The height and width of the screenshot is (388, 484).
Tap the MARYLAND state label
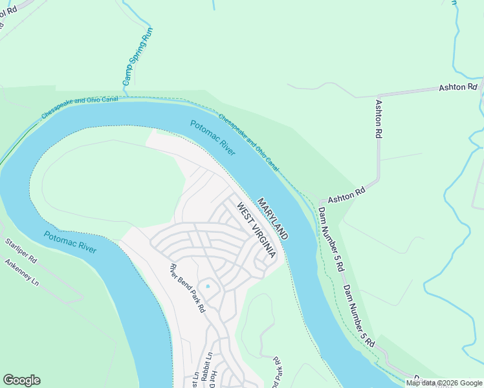pos(272,219)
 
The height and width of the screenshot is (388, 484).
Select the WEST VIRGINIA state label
pos(256,230)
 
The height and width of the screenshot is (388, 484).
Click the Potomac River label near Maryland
pos(212,137)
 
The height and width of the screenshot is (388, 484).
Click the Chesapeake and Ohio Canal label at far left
pos(79,107)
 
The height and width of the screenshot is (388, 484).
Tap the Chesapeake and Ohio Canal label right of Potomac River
pos(248,142)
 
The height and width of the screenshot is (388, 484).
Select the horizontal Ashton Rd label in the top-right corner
pos(457,87)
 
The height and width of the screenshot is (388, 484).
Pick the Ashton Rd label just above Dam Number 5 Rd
pos(347,195)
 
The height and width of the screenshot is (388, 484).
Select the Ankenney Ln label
pos(22,274)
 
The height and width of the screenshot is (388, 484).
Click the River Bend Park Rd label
pos(187,288)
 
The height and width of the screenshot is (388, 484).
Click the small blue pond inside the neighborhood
pos(208,286)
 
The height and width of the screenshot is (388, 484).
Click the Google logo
pos(21,380)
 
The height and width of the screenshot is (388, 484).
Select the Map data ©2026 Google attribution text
pos(443,383)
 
